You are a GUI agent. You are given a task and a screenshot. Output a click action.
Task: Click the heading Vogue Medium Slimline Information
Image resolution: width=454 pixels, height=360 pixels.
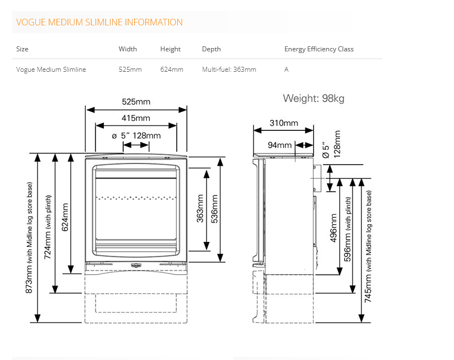(99, 23)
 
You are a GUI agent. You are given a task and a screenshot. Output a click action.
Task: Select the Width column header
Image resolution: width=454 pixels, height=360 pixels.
(128, 49)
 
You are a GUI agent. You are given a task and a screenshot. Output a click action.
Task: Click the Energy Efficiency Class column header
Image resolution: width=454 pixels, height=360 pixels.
(319, 49)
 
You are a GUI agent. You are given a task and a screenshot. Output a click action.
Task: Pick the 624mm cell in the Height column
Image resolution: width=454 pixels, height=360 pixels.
(171, 70)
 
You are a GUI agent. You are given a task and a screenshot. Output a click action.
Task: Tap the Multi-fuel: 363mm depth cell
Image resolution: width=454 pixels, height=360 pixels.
(229, 70)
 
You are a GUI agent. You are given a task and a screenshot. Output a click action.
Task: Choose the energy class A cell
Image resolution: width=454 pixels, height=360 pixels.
(286, 70)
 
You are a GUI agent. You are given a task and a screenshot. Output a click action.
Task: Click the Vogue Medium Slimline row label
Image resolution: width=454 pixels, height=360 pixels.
(51, 70)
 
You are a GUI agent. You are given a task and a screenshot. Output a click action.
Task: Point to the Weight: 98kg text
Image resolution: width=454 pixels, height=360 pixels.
(313, 99)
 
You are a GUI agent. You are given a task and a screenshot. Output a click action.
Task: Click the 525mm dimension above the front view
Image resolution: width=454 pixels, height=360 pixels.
(136, 102)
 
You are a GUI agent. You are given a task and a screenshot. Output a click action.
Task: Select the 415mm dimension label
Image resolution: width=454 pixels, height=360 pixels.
(136, 118)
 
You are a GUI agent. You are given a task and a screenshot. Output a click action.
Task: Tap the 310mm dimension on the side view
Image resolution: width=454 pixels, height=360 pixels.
(284, 123)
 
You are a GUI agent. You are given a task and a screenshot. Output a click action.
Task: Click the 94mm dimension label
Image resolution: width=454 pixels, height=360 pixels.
(279, 145)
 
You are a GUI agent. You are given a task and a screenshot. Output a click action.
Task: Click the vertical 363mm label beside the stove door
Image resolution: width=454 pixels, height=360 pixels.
(200, 208)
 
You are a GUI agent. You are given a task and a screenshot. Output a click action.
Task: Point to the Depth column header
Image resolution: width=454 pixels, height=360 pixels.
(211, 49)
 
